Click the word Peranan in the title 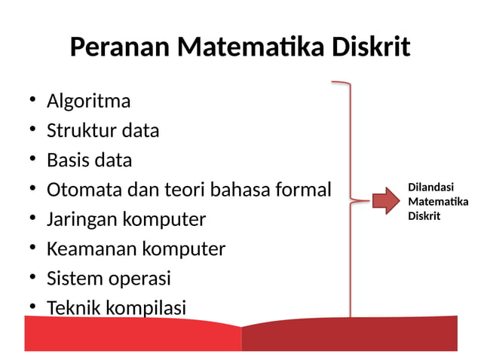click(x=120, y=47)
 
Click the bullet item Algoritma click(x=88, y=101)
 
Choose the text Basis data click(x=89, y=160)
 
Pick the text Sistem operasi click(x=109, y=279)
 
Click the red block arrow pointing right click(x=384, y=200)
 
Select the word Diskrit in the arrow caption click(x=424, y=215)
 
